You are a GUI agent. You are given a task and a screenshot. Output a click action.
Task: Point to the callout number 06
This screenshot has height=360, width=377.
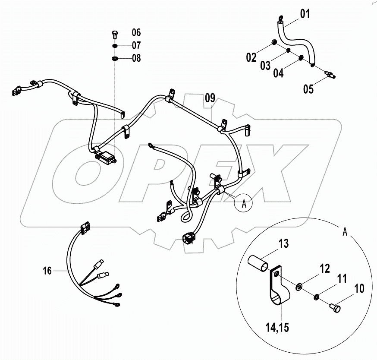click(x=136, y=33)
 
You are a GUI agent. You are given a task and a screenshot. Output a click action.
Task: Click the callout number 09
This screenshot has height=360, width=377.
click(x=210, y=98)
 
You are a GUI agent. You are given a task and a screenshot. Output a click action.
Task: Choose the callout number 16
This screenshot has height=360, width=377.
click(x=47, y=271)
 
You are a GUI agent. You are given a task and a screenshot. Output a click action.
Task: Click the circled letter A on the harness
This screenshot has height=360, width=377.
click(x=244, y=204)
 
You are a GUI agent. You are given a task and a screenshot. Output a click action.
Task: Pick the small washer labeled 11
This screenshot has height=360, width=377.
click(x=317, y=296)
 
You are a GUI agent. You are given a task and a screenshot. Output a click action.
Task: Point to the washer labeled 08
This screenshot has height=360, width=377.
click(x=115, y=58)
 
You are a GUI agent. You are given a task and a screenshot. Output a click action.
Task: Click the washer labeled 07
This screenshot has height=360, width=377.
click(x=115, y=46)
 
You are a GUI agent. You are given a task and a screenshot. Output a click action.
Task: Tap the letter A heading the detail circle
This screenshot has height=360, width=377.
click(x=344, y=231)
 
